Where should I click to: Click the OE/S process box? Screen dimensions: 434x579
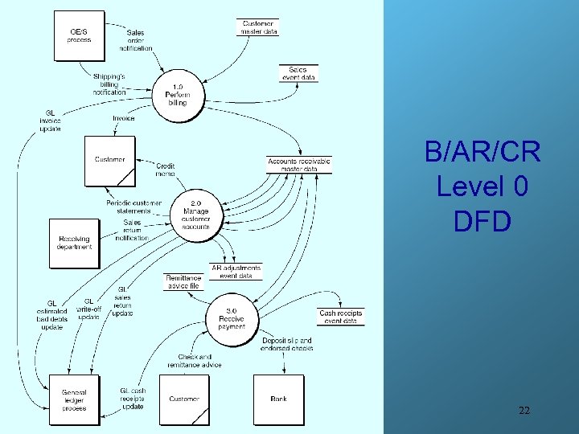tap(80, 35)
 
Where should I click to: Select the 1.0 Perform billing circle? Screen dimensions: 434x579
tap(178, 96)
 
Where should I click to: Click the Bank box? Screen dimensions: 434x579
tap(278, 399)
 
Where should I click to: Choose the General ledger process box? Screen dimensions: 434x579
tap(74, 399)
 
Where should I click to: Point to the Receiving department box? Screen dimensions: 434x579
tap(75, 243)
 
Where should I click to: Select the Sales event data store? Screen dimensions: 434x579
tap(298, 73)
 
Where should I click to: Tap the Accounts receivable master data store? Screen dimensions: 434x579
tap(299, 163)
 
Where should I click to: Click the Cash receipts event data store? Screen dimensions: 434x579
tap(341, 317)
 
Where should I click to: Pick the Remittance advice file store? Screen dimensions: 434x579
tap(183, 282)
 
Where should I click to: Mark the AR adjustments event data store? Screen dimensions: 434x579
tap(236, 272)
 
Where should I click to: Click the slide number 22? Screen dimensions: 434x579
tap(524, 411)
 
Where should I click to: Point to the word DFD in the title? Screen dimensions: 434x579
tap(482, 221)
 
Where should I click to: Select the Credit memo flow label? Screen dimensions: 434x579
tap(165, 170)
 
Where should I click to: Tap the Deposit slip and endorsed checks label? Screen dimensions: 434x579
tap(286, 345)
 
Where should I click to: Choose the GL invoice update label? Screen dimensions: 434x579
tap(50, 121)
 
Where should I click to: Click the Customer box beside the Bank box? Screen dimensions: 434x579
tap(184, 399)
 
